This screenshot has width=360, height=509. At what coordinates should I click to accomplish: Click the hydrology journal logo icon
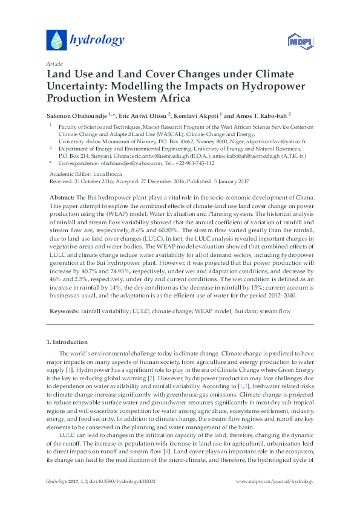coord(56,40)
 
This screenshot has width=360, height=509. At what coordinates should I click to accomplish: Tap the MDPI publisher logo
coord(295,41)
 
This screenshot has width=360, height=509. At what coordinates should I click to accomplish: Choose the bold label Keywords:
coord(62,311)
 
